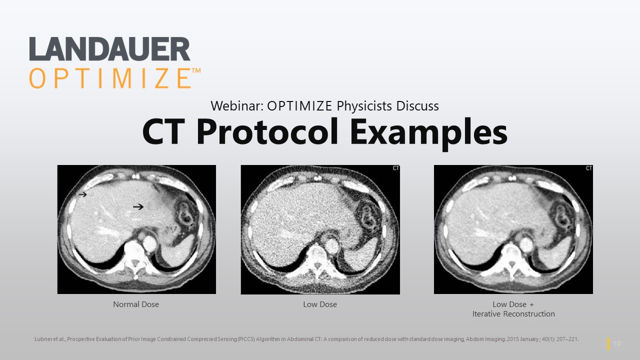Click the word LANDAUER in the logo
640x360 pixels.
(x=109, y=49)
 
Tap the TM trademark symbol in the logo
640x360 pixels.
(x=196, y=71)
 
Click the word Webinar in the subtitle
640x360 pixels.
(x=236, y=106)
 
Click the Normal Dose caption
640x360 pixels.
(x=136, y=304)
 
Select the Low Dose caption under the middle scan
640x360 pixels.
(x=320, y=304)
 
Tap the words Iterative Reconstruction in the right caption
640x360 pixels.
(x=513, y=314)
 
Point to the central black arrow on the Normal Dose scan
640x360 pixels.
(x=138, y=206)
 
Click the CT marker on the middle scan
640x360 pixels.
(x=395, y=168)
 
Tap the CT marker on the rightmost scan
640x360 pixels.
(x=588, y=168)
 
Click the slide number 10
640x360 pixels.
(x=617, y=343)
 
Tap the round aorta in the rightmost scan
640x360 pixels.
(x=526, y=244)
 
